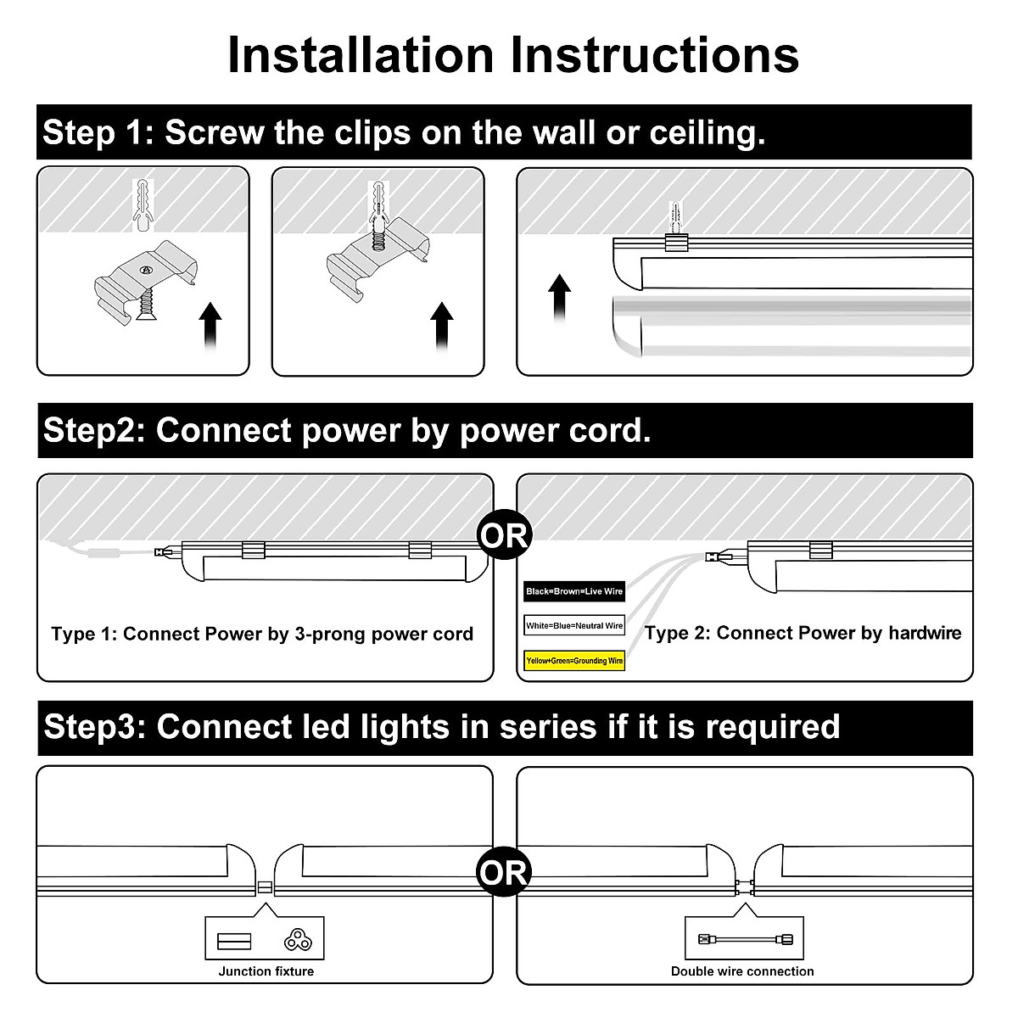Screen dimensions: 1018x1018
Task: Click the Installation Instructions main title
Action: [512, 55]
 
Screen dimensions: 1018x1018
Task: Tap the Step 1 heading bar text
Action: [404, 133]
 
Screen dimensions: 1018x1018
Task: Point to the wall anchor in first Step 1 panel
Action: [146, 204]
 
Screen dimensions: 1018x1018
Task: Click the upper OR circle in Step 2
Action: [504, 536]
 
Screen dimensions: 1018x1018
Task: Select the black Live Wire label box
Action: [574, 591]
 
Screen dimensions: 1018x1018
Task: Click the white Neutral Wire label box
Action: [574, 626]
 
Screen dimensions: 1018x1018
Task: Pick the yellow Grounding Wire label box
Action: [574, 660]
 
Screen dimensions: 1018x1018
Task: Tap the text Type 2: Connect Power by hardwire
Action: [803, 633]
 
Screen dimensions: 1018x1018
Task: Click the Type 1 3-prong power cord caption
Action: [262, 634]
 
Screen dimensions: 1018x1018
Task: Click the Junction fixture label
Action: [266, 971]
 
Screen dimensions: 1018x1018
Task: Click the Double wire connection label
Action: [742, 971]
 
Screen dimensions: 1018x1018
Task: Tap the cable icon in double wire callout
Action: [742, 939]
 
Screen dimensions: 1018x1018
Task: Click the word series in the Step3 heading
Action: [547, 727]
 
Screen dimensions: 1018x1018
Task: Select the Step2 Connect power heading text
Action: [347, 431]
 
